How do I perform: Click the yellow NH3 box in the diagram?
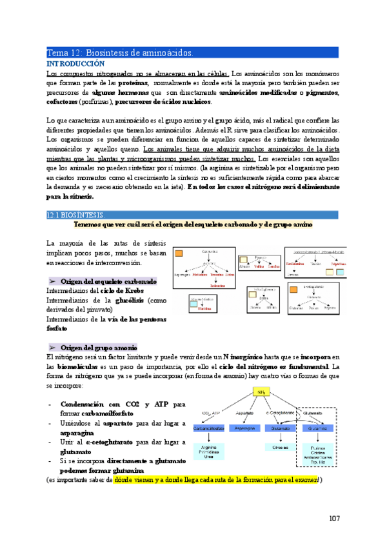pos(262,392)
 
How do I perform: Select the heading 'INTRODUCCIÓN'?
pos(75,65)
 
